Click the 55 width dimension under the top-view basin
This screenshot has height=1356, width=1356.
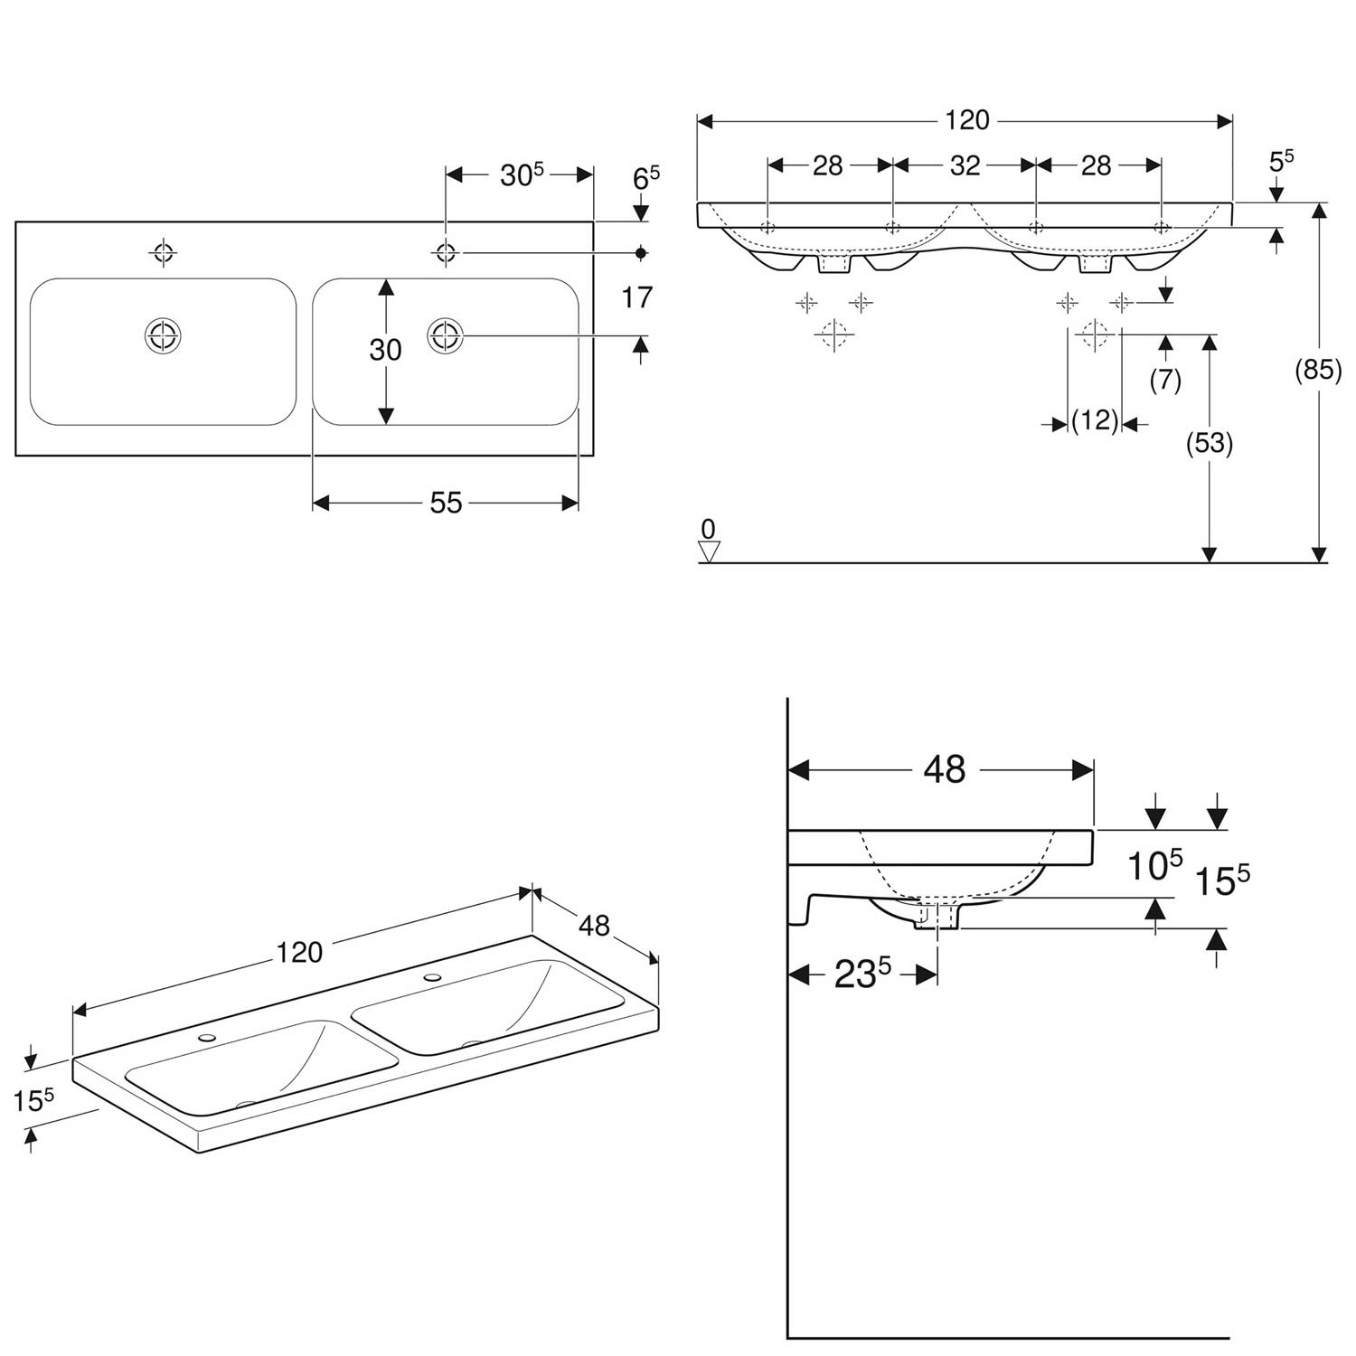tap(446, 503)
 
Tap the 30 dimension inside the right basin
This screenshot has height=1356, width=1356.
tap(385, 349)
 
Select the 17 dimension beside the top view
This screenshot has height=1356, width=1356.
tap(637, 297)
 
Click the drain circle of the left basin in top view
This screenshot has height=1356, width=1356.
tap(163, 335)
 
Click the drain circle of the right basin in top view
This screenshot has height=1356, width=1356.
tap(445, 336)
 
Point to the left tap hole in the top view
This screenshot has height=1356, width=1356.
tap(163, 252)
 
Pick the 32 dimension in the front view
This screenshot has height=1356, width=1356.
tap(965, 165)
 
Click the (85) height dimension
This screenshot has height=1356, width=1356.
tap(1318, 371)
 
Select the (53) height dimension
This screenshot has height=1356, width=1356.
tap(1210, 443)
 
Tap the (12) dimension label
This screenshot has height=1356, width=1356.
tap(1095, 420)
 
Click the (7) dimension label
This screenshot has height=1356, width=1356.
tap(1165, 381)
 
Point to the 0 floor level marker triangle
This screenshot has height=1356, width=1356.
tap(709, 551)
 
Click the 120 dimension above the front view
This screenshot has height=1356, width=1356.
tap(966, 120)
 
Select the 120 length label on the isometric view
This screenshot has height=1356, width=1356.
tap(299, 953)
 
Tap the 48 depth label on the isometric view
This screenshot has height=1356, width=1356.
tap(594, 926)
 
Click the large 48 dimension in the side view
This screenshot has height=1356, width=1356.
tap(945, 769)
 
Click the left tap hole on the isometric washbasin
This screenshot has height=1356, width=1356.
tap(209, 1038)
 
